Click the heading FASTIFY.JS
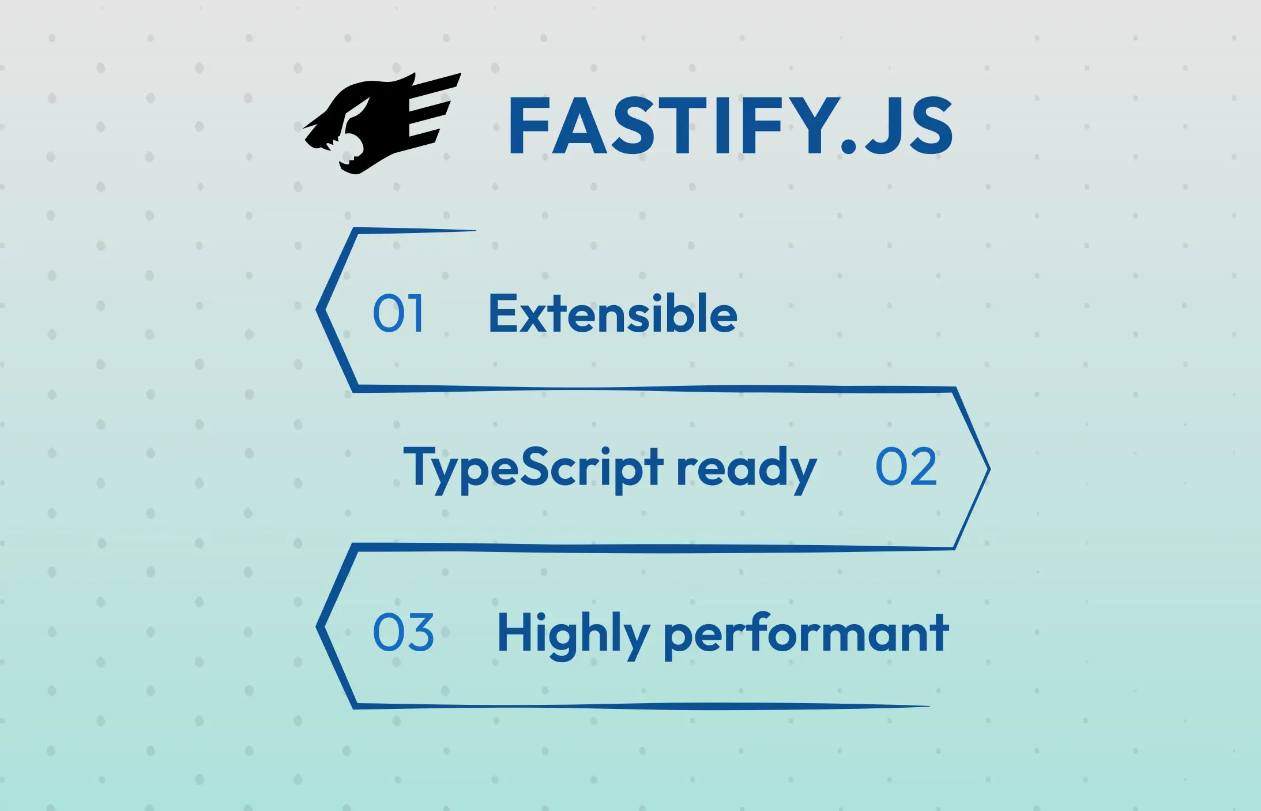[x=730, y=126]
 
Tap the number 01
[x=398, y=313]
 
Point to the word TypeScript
[x=533, y=468]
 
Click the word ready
[x=746, y=468]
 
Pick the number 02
[x=906, y=467]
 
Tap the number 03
[x=403, y=633]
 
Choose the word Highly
[x=573, y=634]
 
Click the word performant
[x=806, y=634]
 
